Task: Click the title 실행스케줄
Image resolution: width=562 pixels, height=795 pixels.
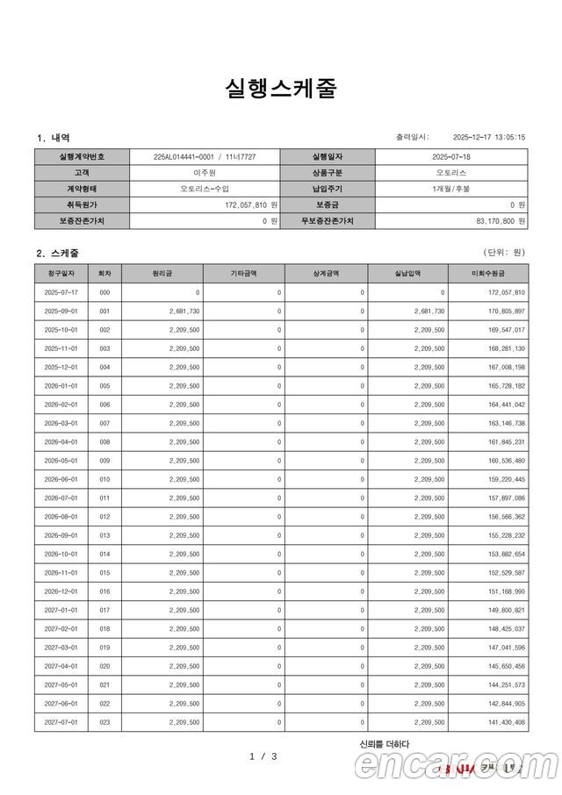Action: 280,89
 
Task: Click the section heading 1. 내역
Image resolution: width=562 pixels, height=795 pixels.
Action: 54,138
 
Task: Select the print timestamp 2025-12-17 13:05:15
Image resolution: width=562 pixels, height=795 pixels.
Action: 488,137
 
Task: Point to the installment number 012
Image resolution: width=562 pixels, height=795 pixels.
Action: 104,517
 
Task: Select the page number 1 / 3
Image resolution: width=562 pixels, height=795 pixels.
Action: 263,756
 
